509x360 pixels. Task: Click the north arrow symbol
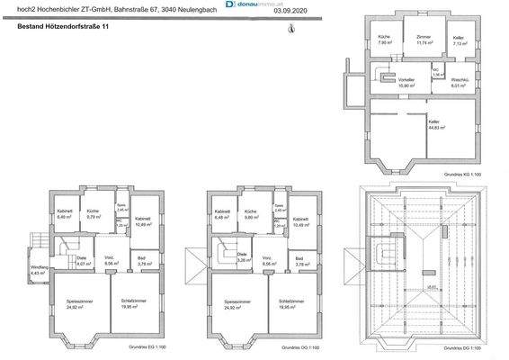pyautogui.click(x=289, y=29)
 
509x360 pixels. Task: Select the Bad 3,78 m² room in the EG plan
pyautogui.click(x=142, y=262)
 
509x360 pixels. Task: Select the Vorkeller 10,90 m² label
pyautogui.click(x=406, y=83)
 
